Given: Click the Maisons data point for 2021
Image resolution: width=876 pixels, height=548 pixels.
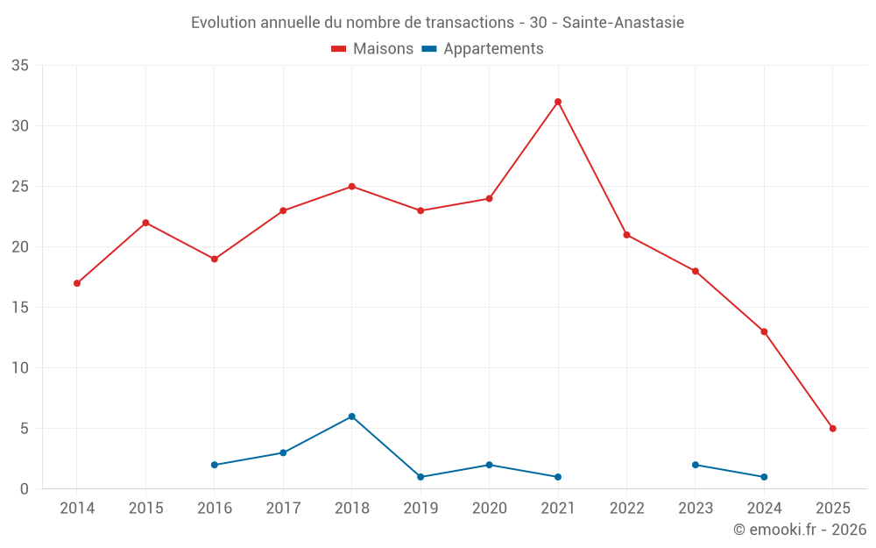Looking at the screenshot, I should point(558,102).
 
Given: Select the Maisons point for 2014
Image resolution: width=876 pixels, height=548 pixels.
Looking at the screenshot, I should point(77,283).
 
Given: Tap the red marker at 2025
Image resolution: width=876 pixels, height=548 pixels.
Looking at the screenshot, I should point(833,429).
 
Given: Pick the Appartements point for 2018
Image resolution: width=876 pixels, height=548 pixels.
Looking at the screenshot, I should point(352,416).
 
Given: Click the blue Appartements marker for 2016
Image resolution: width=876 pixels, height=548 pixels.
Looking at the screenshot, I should point(215,465).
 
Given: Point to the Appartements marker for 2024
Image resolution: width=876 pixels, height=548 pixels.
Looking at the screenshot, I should point(764,477).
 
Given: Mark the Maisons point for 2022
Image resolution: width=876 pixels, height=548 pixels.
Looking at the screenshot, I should point(626,235).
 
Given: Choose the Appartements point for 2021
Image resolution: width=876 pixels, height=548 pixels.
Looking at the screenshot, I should point(558,477).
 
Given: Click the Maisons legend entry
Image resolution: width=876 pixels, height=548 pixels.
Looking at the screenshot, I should point(372,49).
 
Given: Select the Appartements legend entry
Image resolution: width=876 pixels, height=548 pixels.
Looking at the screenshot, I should point(483,49).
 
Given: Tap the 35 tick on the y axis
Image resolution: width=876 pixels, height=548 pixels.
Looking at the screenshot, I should point(20,66).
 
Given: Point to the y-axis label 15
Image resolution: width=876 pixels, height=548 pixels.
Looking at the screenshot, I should point(20,308).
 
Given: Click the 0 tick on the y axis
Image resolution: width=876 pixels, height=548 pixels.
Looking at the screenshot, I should point(25,489).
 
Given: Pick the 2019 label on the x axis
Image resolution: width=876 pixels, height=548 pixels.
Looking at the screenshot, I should point(420,509).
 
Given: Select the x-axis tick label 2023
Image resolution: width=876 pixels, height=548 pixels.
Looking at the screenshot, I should point(696,509).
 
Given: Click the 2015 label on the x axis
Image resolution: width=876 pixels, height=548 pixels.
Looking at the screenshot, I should point(145,509).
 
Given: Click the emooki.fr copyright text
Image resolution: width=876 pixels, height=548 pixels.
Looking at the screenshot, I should point(799,530).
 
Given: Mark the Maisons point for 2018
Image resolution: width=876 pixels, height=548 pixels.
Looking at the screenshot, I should point(352,187).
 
